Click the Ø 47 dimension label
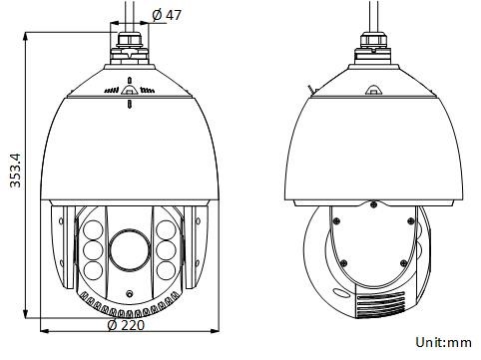point(167,15)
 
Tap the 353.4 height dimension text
point(15,171)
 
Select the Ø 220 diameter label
point(126,325)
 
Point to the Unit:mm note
point(443,342)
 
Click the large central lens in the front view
point(130,250)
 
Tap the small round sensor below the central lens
point(130,293)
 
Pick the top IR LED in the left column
point(93,230)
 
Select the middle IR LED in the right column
point(166,250)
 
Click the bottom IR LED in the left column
point(93,271)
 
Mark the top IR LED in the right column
point(166,230)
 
